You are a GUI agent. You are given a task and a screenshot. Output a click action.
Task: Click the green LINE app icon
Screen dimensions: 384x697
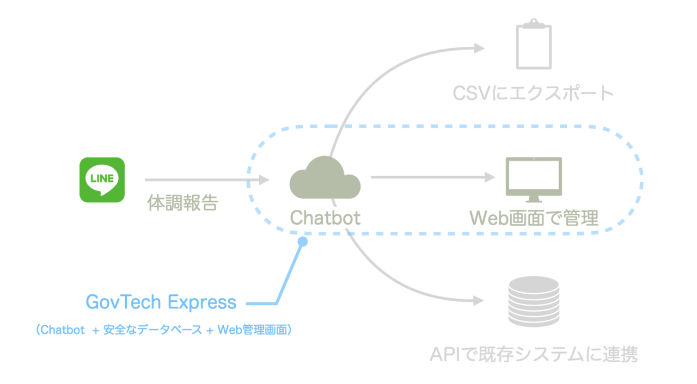click(102, 180)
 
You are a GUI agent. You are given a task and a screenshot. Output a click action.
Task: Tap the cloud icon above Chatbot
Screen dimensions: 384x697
click(325, 178)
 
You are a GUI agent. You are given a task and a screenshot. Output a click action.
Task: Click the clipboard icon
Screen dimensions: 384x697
click(534, 44)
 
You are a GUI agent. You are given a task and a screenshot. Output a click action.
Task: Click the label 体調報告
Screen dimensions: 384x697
click(182, 203)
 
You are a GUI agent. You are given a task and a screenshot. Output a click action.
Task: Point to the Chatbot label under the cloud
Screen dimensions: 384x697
click(325, 218)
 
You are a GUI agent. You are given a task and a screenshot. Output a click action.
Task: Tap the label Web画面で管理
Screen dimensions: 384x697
click(534, 218)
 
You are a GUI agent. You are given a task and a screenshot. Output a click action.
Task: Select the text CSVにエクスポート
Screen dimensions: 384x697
click(533, 94)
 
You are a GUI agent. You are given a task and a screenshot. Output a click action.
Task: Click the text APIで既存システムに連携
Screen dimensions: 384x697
click(533, 355)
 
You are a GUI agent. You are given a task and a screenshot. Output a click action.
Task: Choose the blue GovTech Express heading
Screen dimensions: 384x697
click(161, 302)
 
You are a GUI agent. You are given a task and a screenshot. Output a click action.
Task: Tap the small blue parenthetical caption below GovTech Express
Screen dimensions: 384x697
click(161, 330)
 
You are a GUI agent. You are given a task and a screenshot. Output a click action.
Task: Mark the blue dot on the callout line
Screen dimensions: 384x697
click(303, 241)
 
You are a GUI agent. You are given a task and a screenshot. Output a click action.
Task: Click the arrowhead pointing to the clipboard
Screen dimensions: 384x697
click(479, 48)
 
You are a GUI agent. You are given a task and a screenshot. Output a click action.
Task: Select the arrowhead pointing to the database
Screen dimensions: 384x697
click(479, 301)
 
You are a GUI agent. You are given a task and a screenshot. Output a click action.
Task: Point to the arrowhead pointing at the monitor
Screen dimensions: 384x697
click(490, 177)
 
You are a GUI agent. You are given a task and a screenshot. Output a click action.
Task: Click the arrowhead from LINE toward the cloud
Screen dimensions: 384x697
click(264, 179)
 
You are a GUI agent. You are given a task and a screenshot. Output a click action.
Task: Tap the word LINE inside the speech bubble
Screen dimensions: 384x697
click(102, 178)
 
